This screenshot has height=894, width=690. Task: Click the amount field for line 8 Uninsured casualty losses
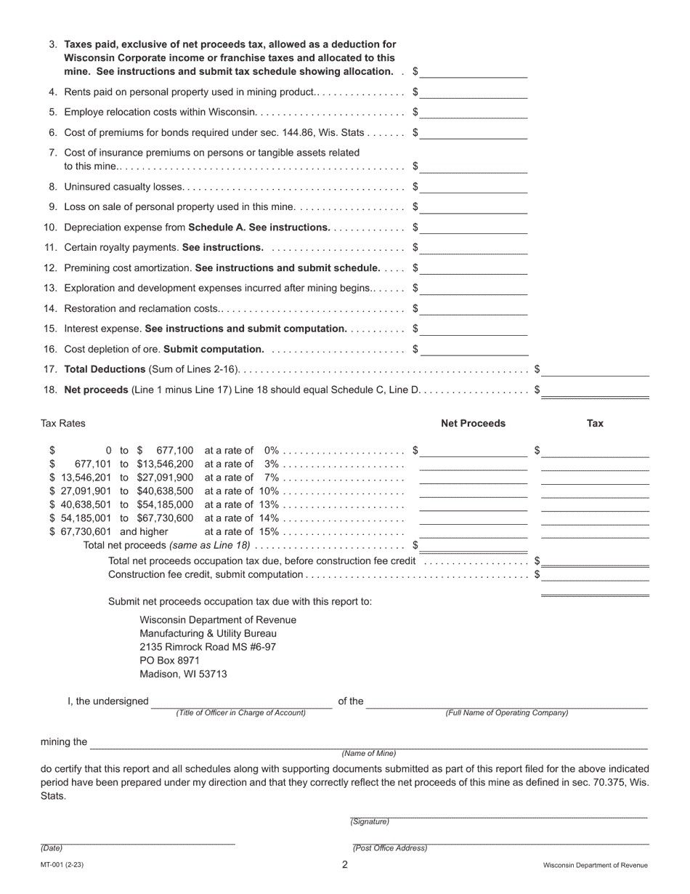click(x=474, y=186)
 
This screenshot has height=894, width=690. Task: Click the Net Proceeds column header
click(x=473, y=423)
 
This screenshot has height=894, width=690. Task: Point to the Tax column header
click(x=595, y=423)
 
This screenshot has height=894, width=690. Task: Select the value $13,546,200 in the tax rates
click(x=165, y=464)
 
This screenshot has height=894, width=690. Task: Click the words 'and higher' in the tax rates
click(x=144, y=531)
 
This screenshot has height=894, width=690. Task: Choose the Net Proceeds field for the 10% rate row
click(x=474, y=491)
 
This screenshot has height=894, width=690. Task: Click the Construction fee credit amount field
click(x=595, y=574)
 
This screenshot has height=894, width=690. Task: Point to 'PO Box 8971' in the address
click(x=169, y=661)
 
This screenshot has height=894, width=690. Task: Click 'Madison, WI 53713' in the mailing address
click(x=183, y=674)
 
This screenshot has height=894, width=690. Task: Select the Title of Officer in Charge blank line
click(x=241, y=702)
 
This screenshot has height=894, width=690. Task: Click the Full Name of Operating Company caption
click(x=507, y=713)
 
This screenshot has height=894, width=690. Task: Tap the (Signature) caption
click(x=370, y=822)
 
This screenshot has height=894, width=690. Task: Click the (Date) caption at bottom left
click(x=52, y=848)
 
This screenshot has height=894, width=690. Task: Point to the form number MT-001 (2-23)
click(x=62, y=865)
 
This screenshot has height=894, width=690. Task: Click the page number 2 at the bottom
click(x=345, y=865)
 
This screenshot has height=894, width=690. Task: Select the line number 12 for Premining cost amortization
click(x=51, y=267)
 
